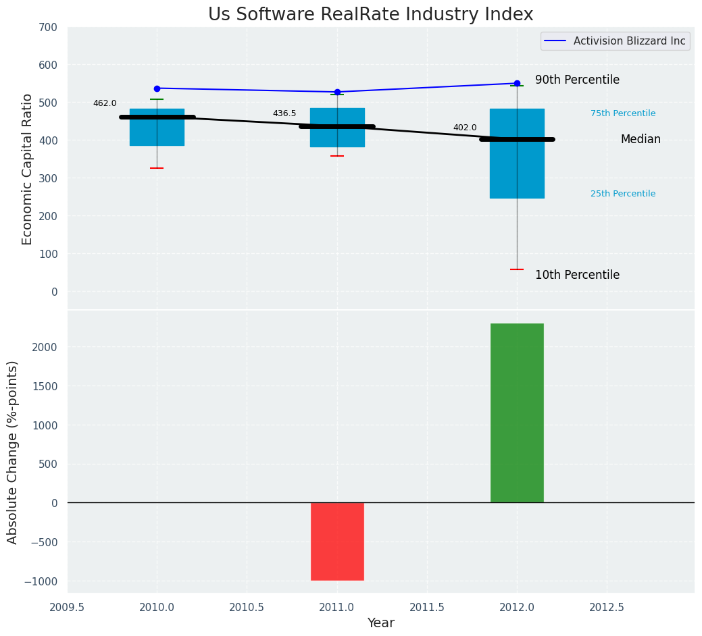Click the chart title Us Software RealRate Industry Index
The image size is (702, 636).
370,14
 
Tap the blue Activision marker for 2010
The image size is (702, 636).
157,88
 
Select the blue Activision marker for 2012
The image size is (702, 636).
517,84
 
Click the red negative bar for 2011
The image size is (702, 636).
337,541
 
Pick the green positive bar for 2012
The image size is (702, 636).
517,413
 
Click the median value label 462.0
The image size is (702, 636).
105,103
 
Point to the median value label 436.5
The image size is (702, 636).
284,113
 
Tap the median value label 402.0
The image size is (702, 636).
465,128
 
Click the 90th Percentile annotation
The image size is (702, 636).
577,80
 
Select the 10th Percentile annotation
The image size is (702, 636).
577,275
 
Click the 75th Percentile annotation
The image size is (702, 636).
623,113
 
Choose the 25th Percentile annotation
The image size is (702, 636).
623,194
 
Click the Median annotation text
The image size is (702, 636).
641,139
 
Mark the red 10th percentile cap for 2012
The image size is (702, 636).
517,269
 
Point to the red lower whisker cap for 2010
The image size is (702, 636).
157,168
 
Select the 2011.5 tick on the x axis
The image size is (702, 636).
427,607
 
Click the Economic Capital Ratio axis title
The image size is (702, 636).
28,169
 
